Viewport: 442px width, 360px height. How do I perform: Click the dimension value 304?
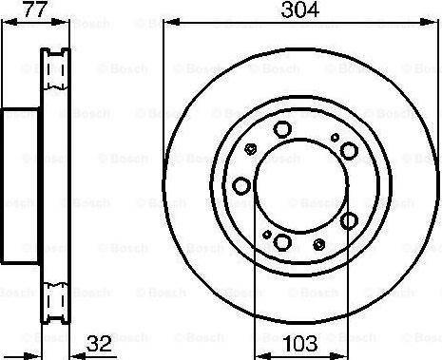click(x=299, y=9)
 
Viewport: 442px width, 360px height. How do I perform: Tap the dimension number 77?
click(x=35, y=9)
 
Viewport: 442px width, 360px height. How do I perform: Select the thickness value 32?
click(x=99, y=344)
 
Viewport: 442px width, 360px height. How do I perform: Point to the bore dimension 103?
click(x=300, y=344)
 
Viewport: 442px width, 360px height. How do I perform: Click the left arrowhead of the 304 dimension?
click(x=171, y=22)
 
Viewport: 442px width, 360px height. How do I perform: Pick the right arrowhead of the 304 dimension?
click(x=429, y=22)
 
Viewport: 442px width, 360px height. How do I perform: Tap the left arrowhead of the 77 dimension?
click(x=10, y=22)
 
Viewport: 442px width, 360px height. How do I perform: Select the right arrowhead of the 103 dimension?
click(x=339, y=356)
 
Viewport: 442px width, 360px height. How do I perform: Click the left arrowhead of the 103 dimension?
click(x=263, y=356)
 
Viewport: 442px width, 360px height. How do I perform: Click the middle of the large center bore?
click(x=301, y=186)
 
